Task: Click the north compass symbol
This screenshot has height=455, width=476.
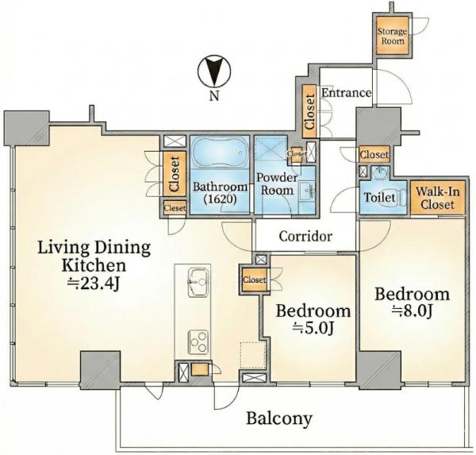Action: pyautogui.click(x=214, y=71)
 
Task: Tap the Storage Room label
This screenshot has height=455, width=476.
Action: pyautogui.click(x=392, y=37)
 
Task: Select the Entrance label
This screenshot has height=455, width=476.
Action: pyautogui.click(x=346, y=92)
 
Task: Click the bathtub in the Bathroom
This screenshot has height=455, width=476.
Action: pyautogui.click(x=220, y=152)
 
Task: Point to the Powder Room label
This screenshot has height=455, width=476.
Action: pyautogui.click(x=277, y=184)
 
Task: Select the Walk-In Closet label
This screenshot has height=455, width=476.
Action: pyautogui.click(x=437, y=198)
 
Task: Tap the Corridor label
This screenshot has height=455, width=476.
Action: pyautogui.click(x=305, y=236)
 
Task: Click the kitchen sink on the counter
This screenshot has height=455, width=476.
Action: pyautogui.click(x=198, y=282)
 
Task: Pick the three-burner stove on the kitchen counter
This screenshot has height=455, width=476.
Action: pyautogui.click(x=198, y=341)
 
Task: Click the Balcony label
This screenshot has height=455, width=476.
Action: pyautogui.click(x=279, y=418)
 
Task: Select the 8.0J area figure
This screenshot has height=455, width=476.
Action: pyautogui.click(x=412, y=310)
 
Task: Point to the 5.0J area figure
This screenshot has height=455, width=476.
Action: pyautogui.click(x=313, y=328)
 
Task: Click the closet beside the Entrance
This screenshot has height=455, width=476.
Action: pyautogui.click(x=309, y=111)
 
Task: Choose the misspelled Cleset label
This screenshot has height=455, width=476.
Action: pyautogui.click(x=175, y=208)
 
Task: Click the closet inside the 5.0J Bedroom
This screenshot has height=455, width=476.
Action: pyautogui.click(x=254, y=280)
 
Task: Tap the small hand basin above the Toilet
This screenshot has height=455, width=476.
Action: pyautogui.click(x=379, y=174)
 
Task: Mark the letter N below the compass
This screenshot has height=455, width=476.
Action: pyautogui.click(x=214, y=96)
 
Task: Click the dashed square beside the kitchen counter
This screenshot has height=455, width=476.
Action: pyautogui.click(x=253, y=356)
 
